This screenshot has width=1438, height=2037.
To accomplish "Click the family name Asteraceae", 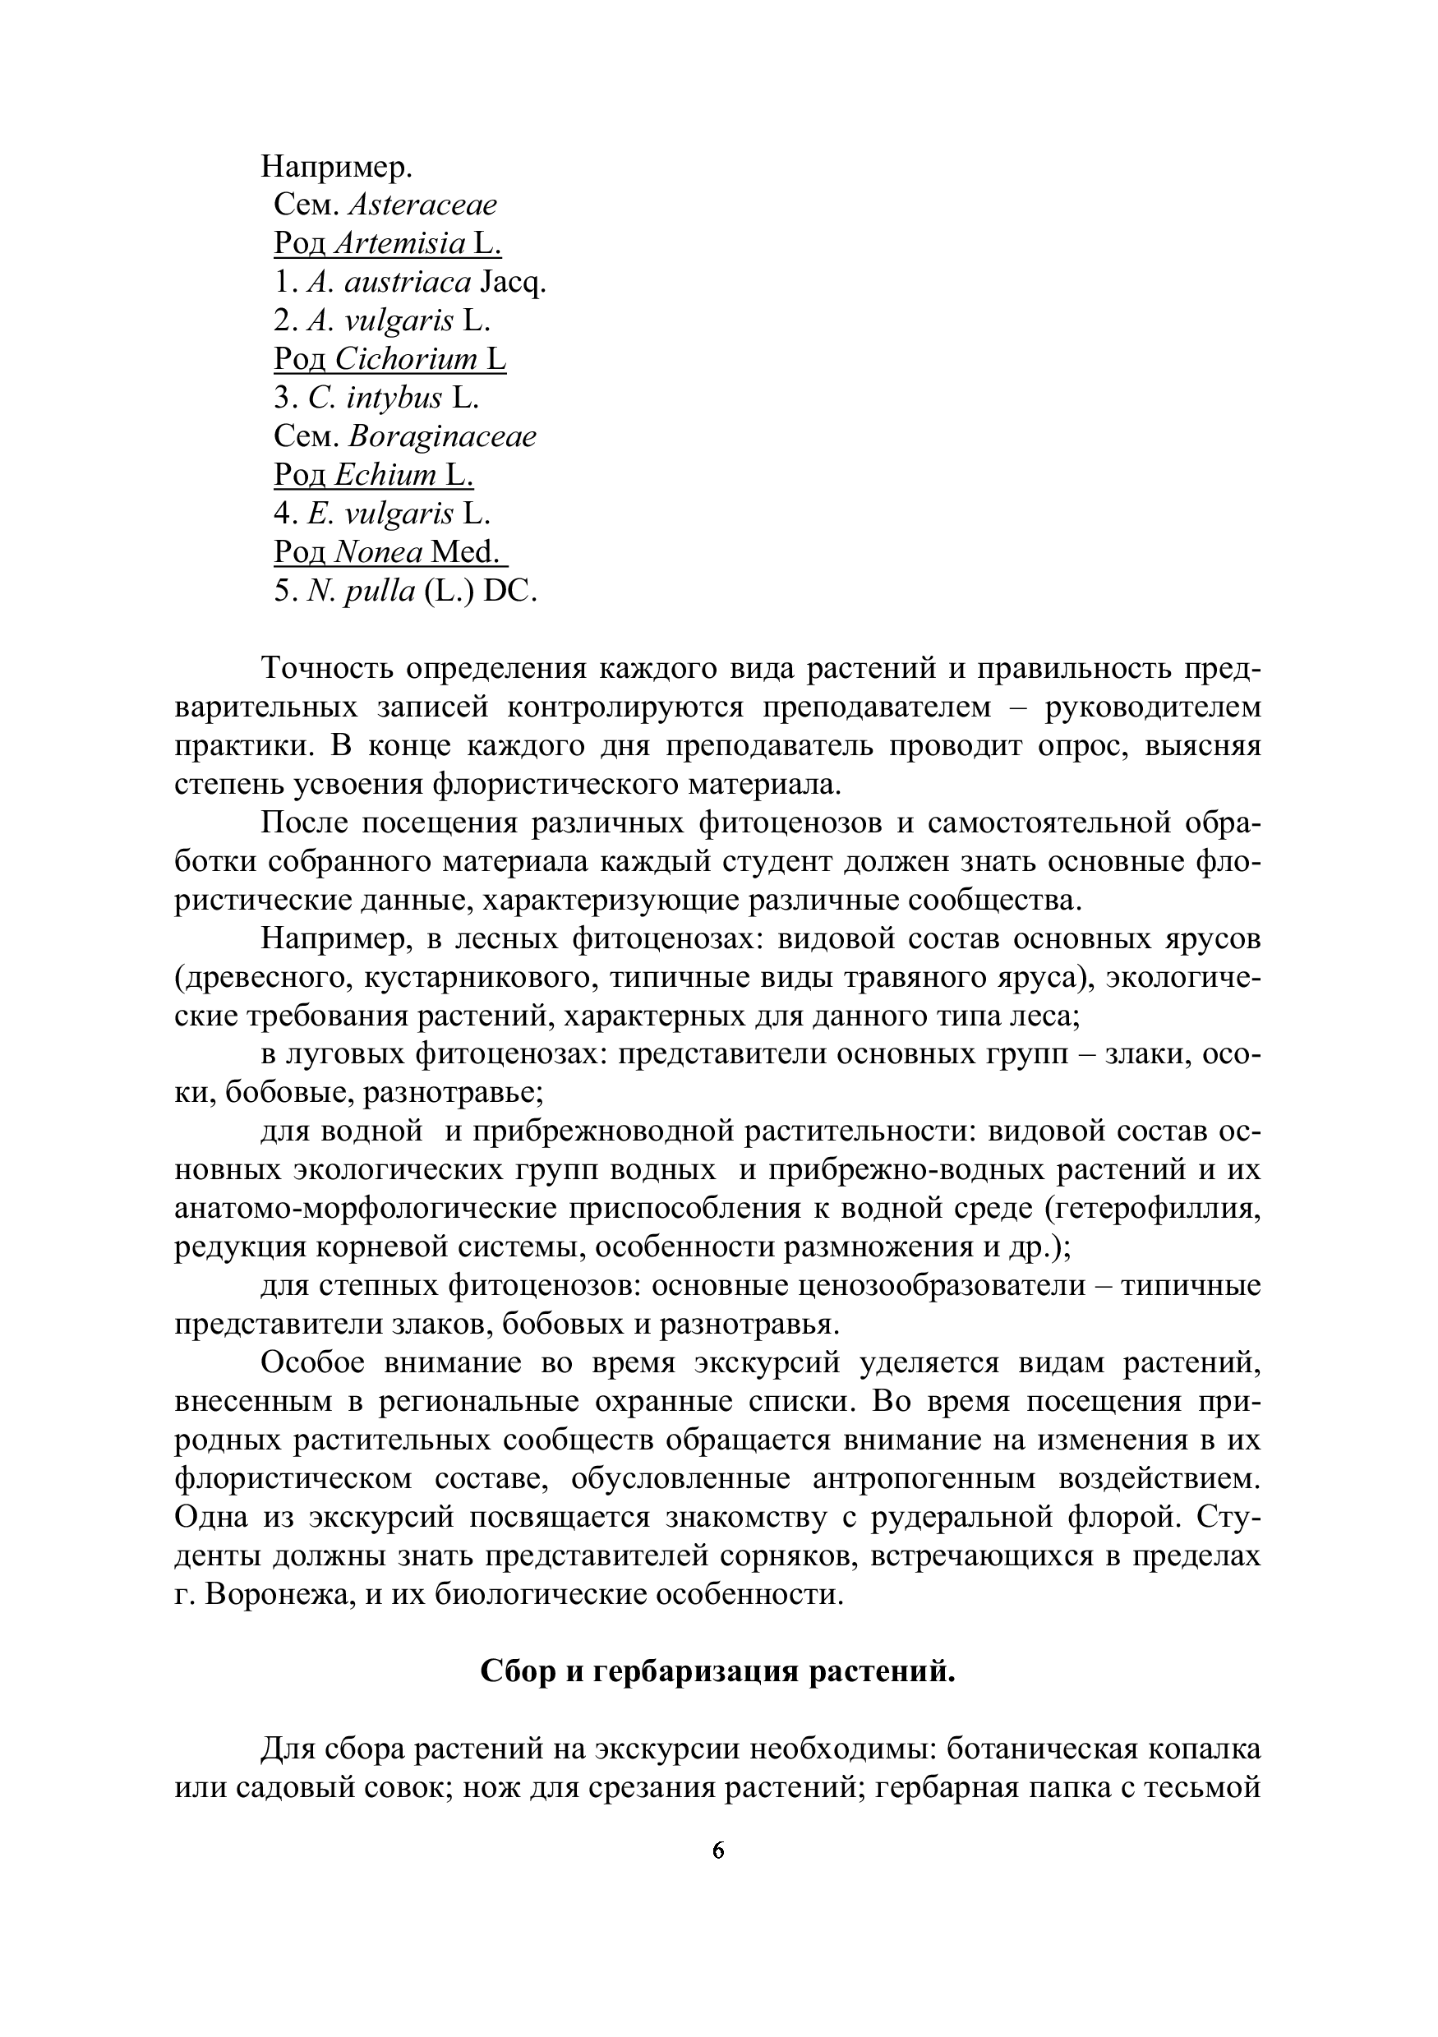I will click(422, 205).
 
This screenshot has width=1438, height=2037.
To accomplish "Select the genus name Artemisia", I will click(400, 244).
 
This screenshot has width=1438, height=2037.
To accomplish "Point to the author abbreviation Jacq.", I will click(513, 283).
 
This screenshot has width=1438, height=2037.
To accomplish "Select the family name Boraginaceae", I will click(443, 437).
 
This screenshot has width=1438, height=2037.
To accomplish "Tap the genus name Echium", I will click(386, 477).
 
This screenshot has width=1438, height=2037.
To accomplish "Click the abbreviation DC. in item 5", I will click(510, 592).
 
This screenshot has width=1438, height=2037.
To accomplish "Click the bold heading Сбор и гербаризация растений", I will click(717, 1672).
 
